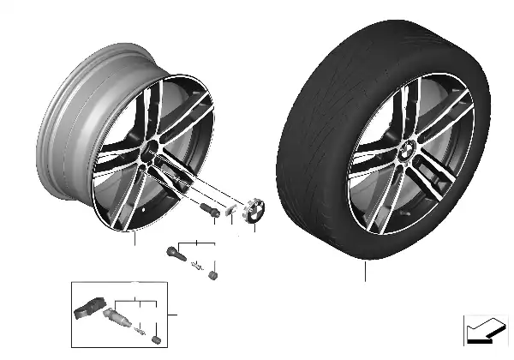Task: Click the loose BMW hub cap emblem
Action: point(255,212)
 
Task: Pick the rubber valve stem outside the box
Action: point(175,255)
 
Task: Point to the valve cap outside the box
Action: point(212,273)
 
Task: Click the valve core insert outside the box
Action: point(197,263)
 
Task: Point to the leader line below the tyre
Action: point(366,273)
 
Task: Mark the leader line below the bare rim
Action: point(134,239)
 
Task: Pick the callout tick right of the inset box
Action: point(172,315)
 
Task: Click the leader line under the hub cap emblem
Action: point(255,231)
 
